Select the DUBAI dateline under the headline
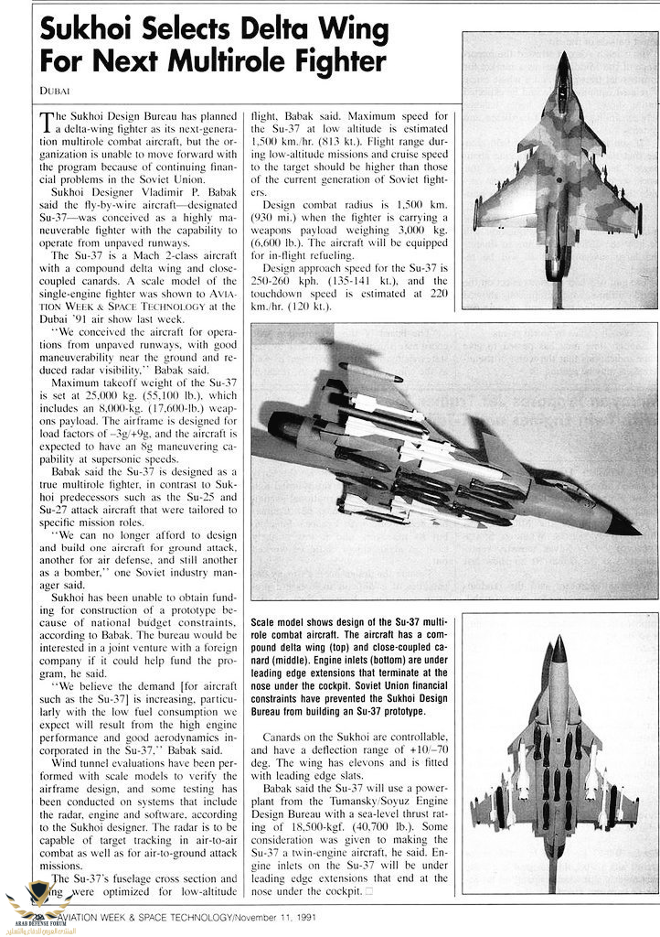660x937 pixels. coord(56,89)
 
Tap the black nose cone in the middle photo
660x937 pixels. coord(623,526)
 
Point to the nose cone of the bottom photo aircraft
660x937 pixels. coord(559,648)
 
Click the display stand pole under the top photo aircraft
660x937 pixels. coord(557,291)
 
